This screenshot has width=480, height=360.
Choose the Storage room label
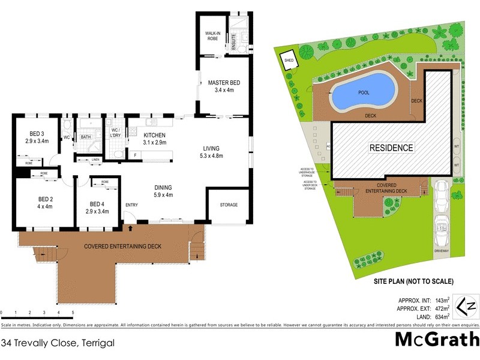[x=228, y=205]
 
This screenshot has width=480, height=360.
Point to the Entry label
[x=131, y=205]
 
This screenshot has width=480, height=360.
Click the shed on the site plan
[x=289, y=61]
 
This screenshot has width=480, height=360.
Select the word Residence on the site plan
[x=391, y=148]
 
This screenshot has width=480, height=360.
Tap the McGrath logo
[x=436, y=340]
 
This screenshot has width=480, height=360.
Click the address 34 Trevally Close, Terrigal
[x=58, y=344]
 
